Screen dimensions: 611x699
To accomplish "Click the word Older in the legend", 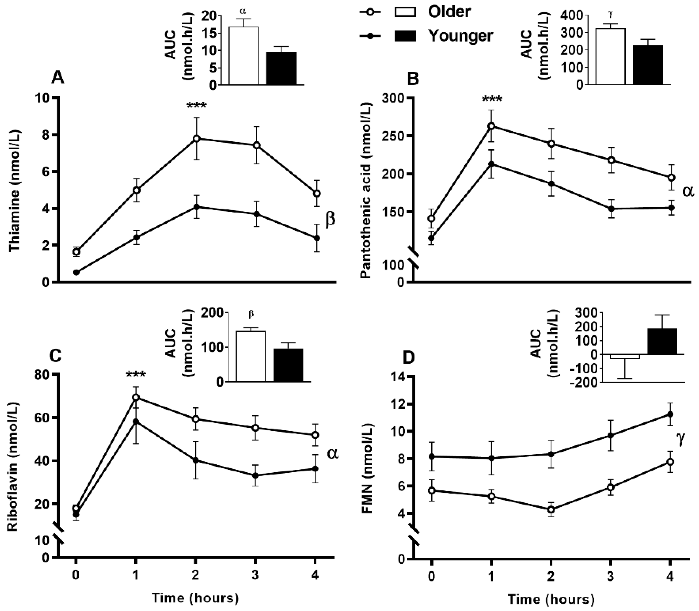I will point(449,12).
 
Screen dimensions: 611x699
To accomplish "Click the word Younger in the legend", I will point(460,35).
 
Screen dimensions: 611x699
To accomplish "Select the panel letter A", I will point(57,78).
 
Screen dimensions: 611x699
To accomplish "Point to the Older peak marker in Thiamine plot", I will point(196,138).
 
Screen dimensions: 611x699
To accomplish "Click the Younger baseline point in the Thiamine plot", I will point(76,272).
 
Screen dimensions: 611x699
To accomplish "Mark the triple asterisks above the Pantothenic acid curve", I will point(492,100).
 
